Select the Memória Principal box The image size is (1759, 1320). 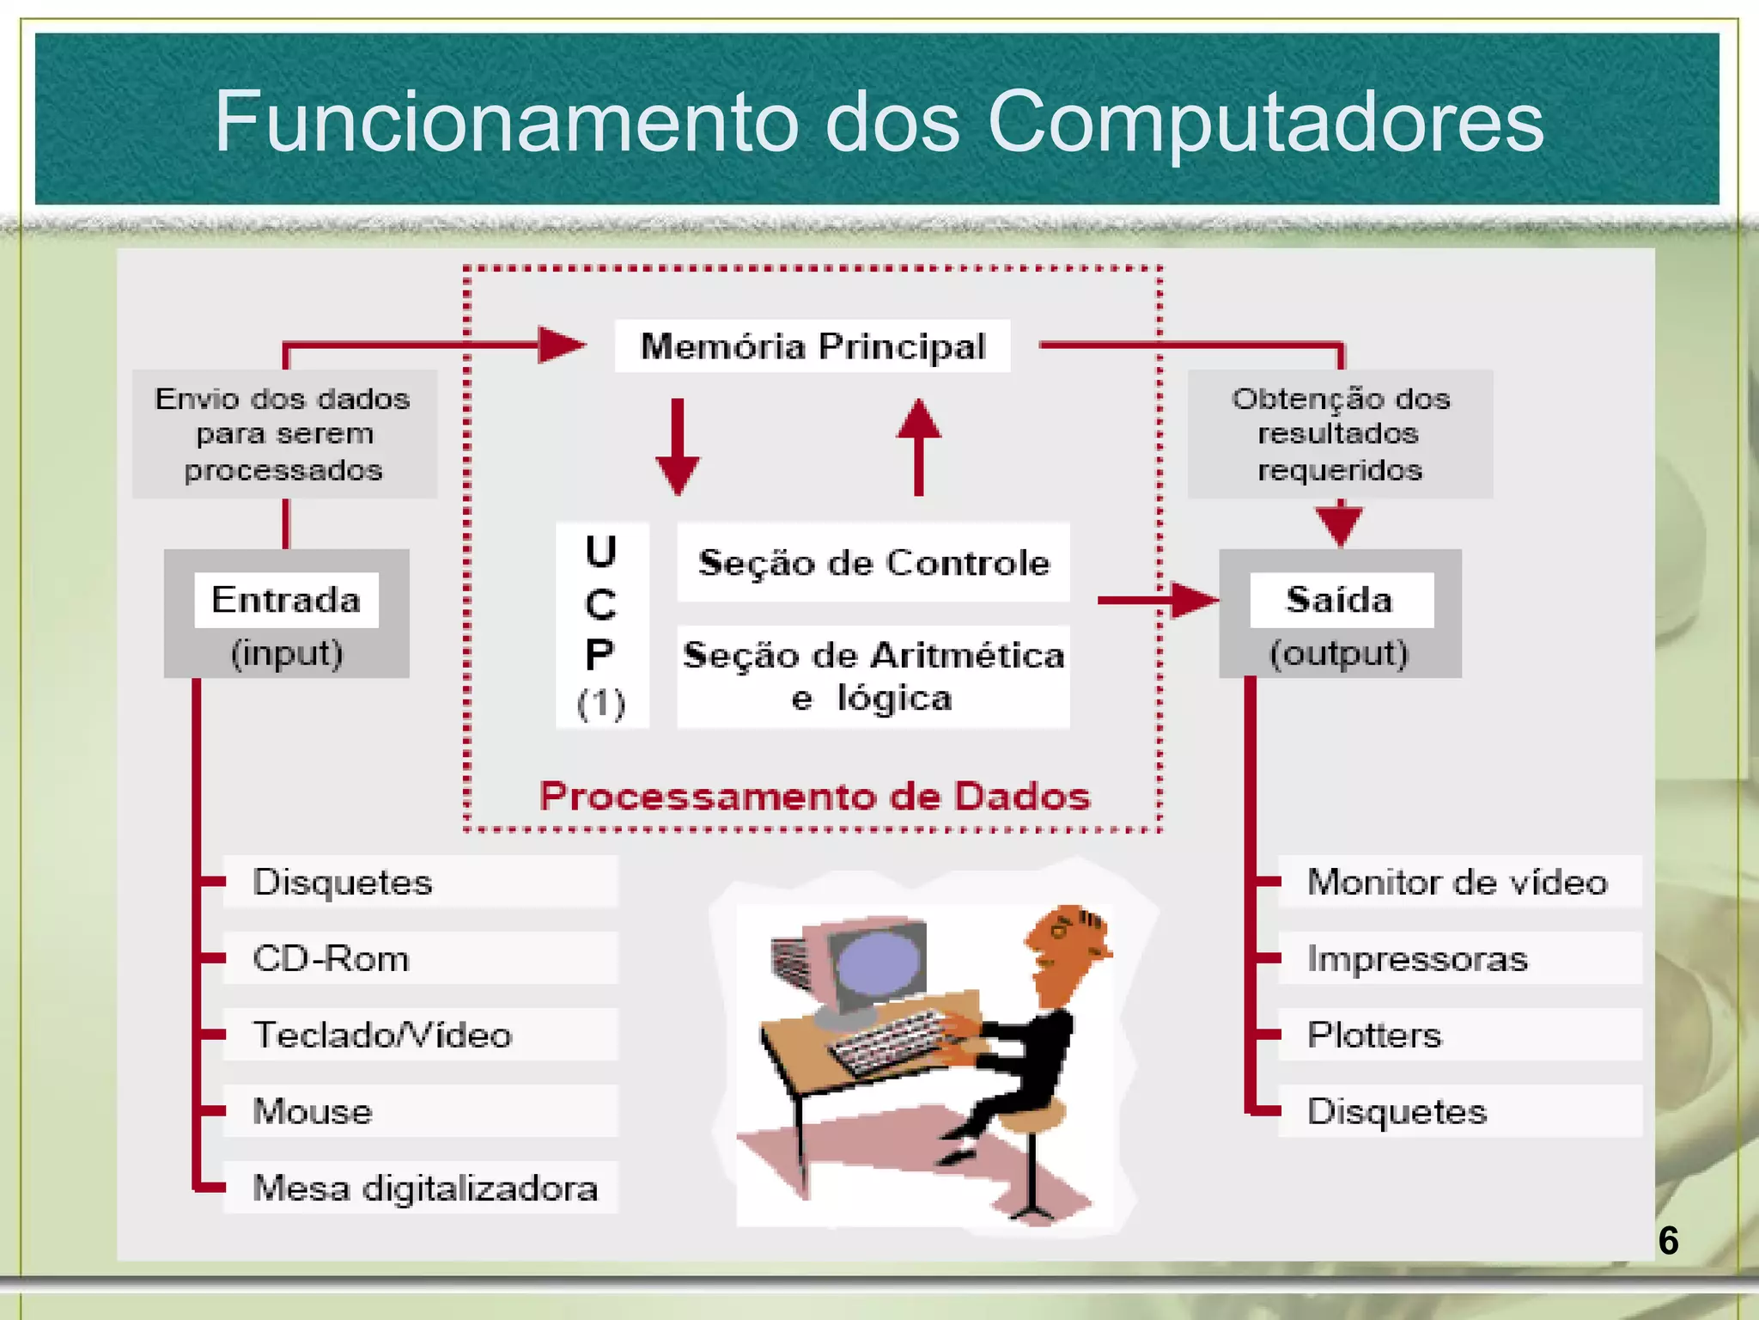pos(813,346)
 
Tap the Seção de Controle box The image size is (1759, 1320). pos(873,563)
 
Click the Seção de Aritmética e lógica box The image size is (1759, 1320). pos(873,677)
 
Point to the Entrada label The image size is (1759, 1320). pos(286,600)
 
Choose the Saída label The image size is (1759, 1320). pos(1340,600)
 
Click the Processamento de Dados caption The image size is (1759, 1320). pos(814,796)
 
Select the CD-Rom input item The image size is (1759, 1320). pos(332,958)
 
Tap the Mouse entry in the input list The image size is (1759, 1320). pos(313,1111)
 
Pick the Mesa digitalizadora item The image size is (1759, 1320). pos(425,1188)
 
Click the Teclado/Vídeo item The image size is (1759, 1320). pos(382,1035)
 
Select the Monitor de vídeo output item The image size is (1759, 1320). pos(1458,882)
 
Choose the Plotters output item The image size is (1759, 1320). pos(1374,1035)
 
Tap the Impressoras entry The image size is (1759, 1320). pos(1417,958)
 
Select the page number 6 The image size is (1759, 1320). pos(1668,1240)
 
